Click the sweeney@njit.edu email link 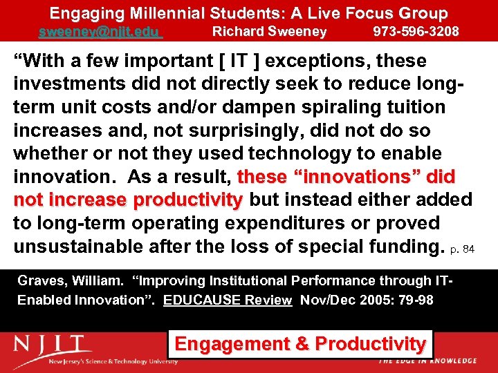coord(99,32)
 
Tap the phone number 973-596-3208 coord(415,32)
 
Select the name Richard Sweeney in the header coord(269,32)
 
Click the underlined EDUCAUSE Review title coord(228,301)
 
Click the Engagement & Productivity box coord(300,344)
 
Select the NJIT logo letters coord(53,345)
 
